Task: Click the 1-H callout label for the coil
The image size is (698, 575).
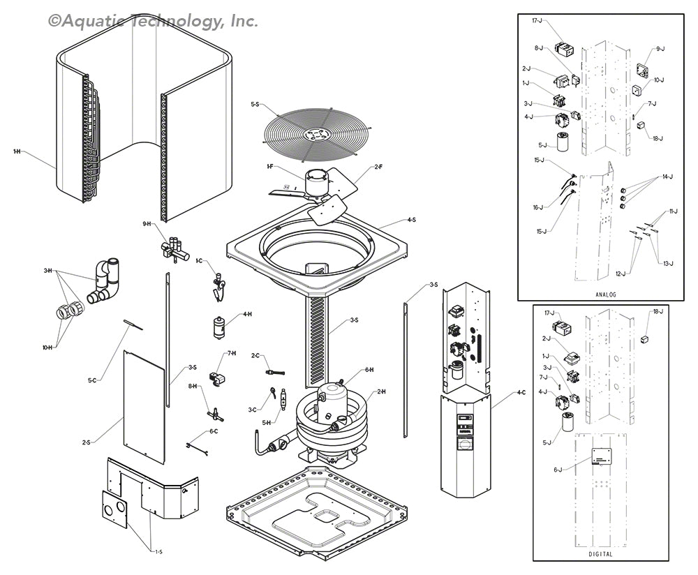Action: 16,151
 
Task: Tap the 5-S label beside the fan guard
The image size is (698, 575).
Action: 255,105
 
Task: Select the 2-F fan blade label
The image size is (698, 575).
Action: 378,167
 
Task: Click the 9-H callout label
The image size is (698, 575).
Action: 147,223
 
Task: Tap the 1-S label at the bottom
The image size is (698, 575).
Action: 158,552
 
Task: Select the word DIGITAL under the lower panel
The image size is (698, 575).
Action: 600,554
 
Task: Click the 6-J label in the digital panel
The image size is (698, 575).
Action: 558,470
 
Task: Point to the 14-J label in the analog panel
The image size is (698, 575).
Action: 668,177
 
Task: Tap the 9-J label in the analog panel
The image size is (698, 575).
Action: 660,49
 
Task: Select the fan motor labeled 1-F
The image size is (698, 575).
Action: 318,183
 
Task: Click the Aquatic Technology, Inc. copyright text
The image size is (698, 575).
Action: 154,21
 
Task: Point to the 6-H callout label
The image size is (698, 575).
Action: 369,370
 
